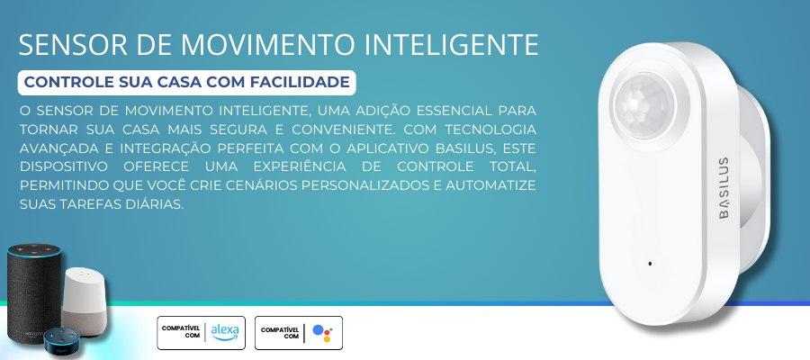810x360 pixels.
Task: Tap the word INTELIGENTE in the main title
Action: tap(452, 46)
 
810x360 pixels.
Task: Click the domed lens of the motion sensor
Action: tap(643, 106)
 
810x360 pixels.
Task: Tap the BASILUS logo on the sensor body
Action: tap(724, 188)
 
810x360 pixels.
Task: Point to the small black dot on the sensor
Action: tap(650, 264)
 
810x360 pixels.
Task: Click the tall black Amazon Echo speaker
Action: tap(34, 292)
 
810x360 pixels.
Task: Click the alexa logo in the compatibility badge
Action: tap(225, 332)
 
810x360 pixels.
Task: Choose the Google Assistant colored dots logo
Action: tap(322, 333)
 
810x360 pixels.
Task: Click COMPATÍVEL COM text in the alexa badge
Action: tap(181, 332)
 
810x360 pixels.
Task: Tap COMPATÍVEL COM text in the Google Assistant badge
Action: tap(280, 333)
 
